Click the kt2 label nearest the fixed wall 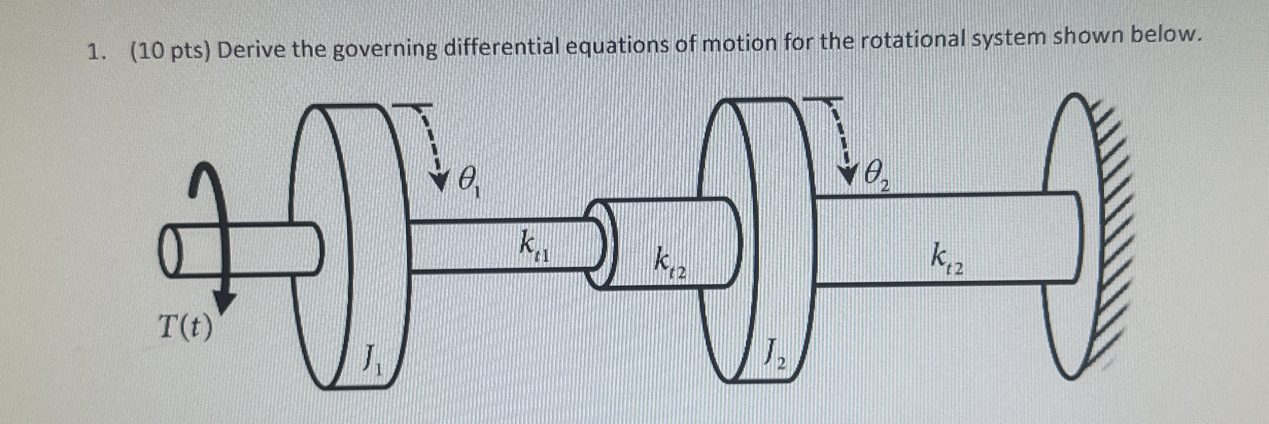[947, 259]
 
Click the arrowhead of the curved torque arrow [225, 301]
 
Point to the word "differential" [502, 47]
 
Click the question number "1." [96, 52]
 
